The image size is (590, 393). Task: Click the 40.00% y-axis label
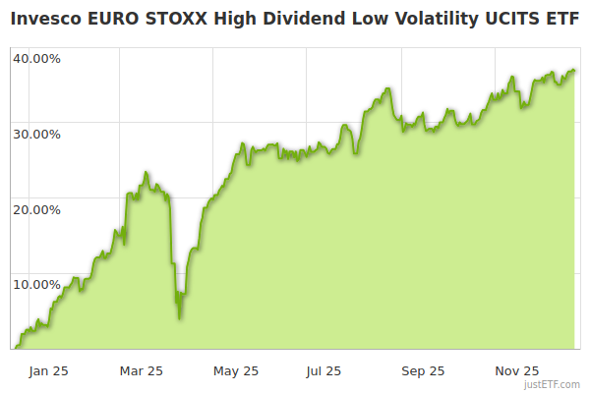coord(36,58)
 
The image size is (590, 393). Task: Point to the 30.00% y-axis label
coord(36,134)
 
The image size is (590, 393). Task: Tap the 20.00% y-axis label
coord(36,208)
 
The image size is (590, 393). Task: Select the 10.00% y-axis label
coord(36,284)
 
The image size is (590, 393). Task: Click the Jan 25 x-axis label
coord(48,370)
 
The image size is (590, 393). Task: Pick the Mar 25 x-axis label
coord(142,370)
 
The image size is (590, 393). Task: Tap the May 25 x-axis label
coord(236,370)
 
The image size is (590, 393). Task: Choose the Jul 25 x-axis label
coord(324,370)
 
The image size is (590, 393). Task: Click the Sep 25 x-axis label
coord(423,370)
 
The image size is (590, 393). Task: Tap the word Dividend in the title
coord(278,19)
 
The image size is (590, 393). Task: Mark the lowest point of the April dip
coord(179,317)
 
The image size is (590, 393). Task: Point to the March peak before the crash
coord(146,173)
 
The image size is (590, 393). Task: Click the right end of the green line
coord(575,71)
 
